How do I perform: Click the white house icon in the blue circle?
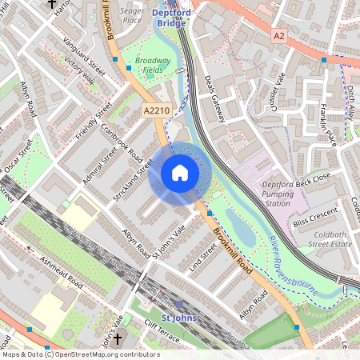pos(180,173)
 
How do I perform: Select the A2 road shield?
pos(278,36)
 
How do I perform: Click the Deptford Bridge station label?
pos(170,18)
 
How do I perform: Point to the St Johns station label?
pos(178,318)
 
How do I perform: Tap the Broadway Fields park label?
pos(153,66)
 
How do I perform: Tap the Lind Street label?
pos(203,258)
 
